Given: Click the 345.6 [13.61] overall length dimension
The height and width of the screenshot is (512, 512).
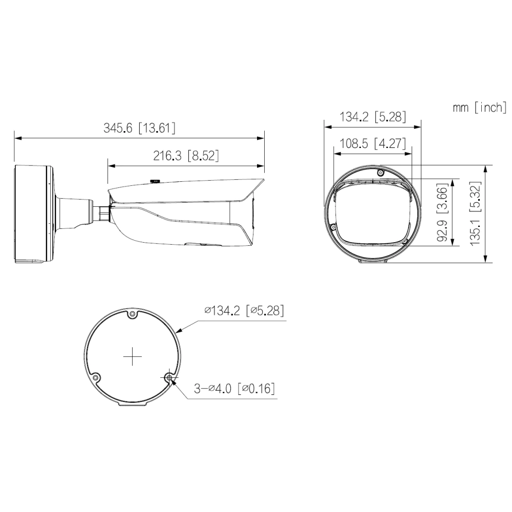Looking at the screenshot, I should [139, 128].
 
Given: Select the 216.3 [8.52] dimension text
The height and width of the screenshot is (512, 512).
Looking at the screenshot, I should [186, 156].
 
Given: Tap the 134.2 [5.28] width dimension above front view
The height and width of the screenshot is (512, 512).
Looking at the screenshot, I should [373, 117].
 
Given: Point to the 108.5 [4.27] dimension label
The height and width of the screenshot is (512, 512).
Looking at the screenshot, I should [373, 143].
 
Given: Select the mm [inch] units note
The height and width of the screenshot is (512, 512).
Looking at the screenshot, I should [479, 107].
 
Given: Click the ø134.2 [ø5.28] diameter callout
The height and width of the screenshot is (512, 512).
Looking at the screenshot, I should [244, 311].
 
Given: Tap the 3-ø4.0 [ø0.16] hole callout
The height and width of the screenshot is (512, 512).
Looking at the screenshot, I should [234, 389].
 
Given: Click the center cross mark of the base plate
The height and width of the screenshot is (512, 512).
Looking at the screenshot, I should [133, 357].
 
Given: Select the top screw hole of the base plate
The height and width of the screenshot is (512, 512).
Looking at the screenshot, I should [133, 314].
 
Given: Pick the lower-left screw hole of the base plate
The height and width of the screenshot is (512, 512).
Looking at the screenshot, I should [96, 378].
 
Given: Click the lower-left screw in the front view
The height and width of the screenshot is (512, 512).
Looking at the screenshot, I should [333, 227].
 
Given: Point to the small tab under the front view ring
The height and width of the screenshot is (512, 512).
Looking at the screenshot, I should [372, 262].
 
